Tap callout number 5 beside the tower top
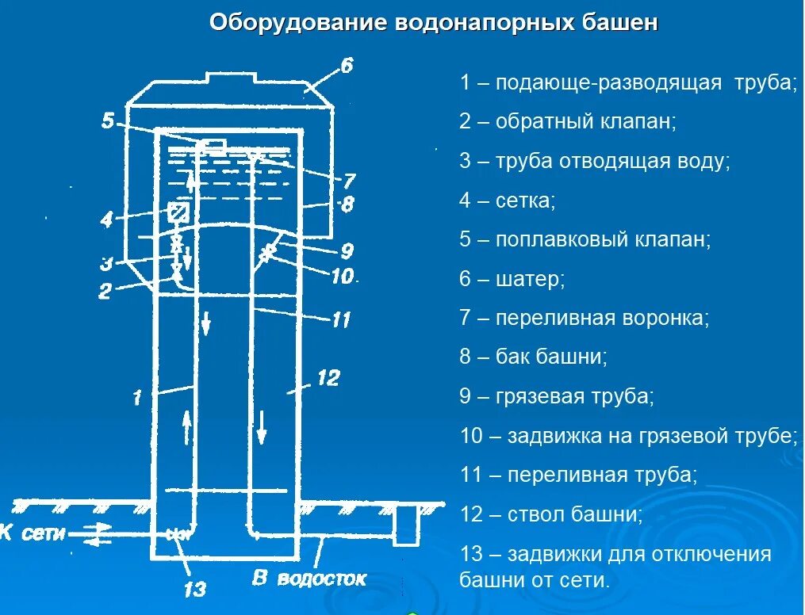(x=109, y=120)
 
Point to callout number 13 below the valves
(x=194, y=588)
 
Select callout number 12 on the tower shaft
(x=328, y=378)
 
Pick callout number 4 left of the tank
(x=106, y=220)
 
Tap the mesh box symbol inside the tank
(x=178, y=212)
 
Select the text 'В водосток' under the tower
(x=310, y=579)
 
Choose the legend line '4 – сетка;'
(x=507, y=201)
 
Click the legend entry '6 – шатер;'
(x=512, y=279)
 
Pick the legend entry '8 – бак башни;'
(x=533, y=357)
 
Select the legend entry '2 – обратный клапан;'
(x=567, y=122)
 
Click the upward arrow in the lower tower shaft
(x=188, y=429)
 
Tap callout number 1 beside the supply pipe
(x=137, y=396)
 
